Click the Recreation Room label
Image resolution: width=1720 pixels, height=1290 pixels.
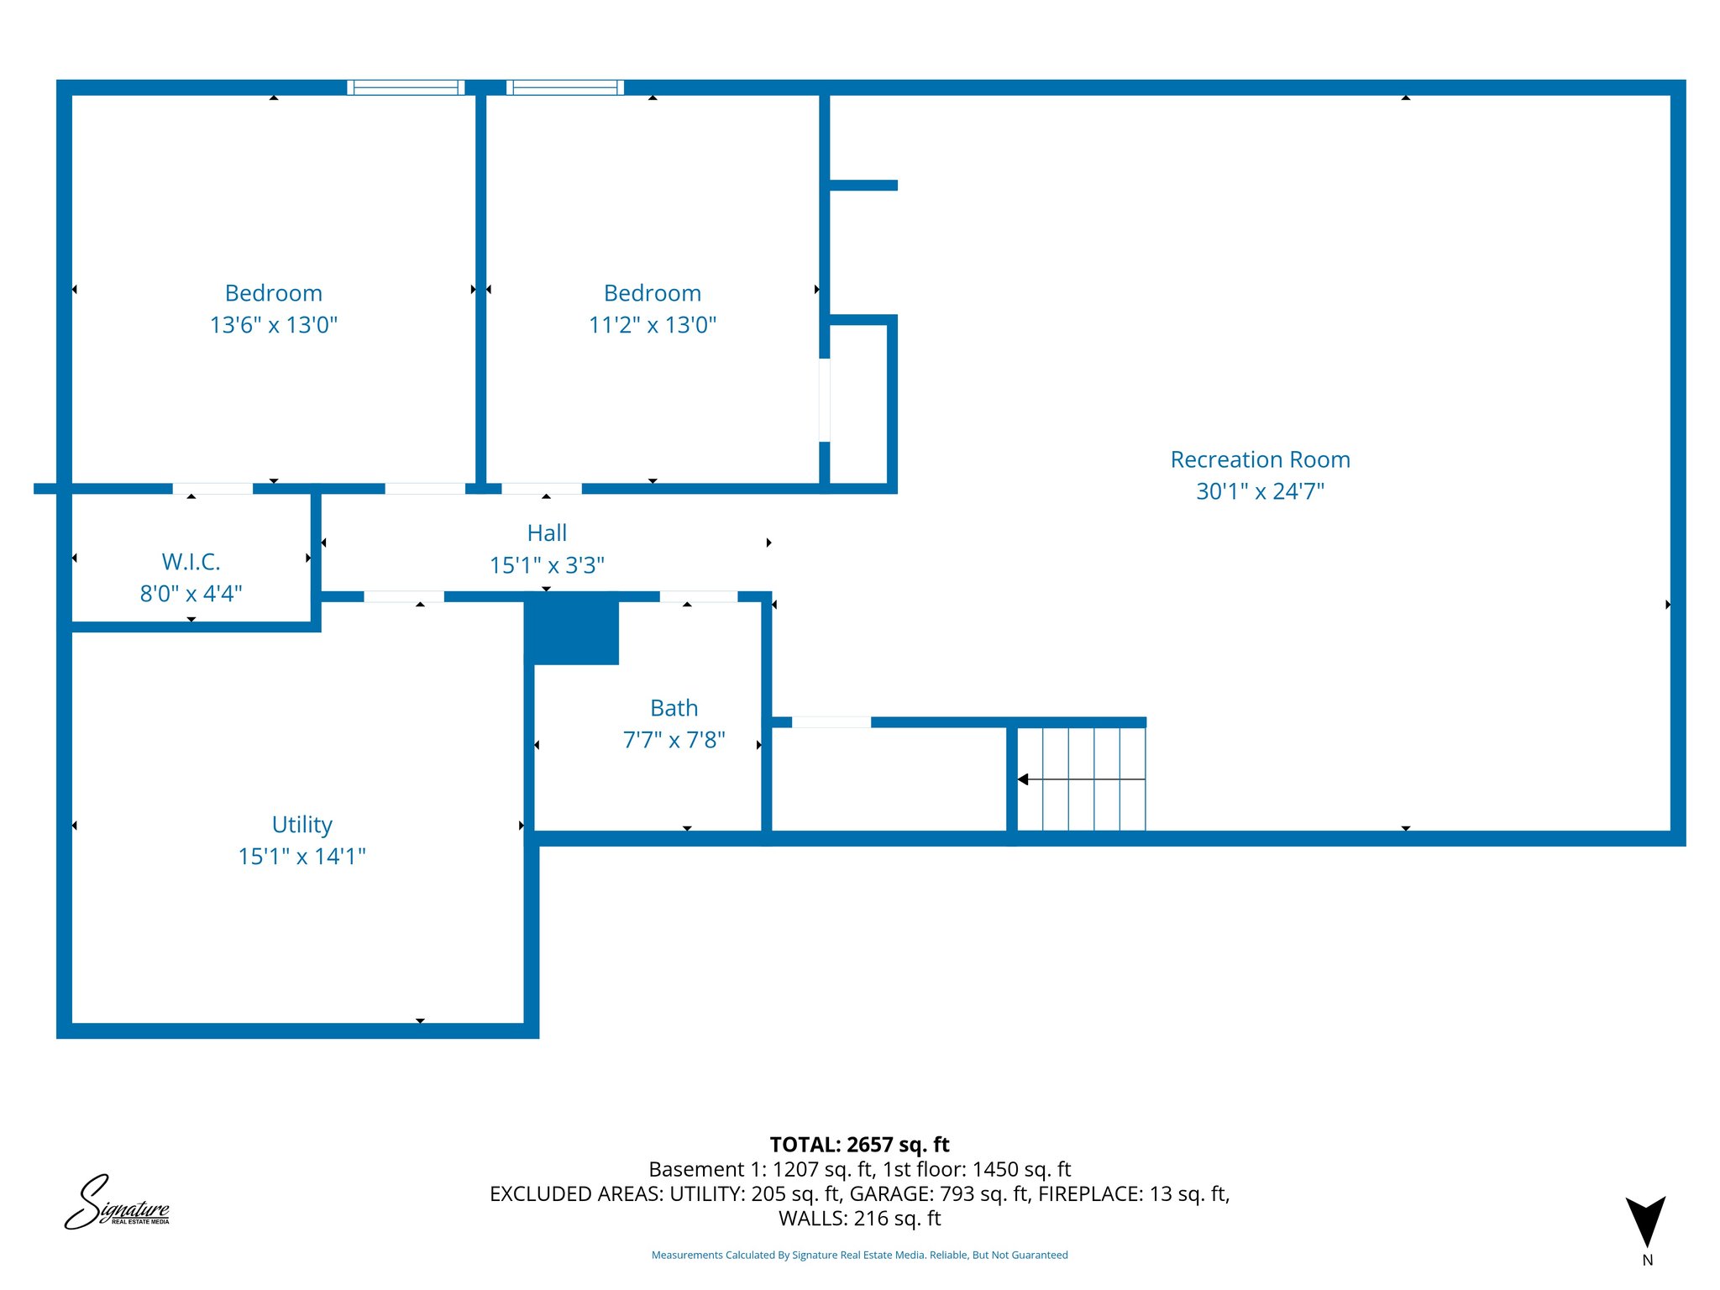1260,459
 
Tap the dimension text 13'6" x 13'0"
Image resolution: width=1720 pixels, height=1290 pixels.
273,325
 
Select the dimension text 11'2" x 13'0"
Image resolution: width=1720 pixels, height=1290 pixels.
653,325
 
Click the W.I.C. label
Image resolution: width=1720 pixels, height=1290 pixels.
191,561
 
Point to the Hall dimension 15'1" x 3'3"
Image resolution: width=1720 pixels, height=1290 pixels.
547,565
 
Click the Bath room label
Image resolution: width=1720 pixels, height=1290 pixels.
674,708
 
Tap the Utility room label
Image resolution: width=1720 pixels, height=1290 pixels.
302,824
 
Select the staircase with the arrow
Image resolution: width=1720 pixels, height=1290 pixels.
1080,779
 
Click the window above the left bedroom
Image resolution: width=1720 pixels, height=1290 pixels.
406,87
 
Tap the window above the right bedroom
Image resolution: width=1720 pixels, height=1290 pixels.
564,87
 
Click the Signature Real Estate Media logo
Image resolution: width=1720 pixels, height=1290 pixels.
118,1204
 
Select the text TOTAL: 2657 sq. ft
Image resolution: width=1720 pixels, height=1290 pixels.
859,1145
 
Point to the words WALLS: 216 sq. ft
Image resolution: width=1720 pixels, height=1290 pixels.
859,1219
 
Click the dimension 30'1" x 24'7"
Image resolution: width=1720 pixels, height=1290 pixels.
1260,491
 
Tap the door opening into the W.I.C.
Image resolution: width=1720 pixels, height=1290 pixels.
212,489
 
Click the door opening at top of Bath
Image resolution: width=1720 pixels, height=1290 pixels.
698,597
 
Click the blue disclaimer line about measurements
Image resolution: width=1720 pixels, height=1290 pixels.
859,1256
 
